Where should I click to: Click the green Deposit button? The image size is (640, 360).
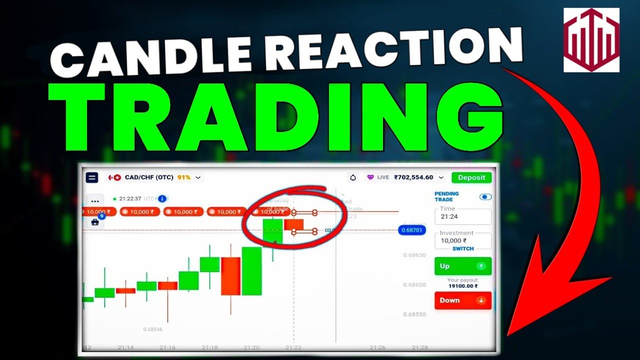(471, 177)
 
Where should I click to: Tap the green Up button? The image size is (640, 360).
(462, 266)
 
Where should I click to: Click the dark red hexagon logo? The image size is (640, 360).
(591, 40)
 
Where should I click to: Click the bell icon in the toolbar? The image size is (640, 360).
(353, 177)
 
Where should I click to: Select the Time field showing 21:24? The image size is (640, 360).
(462, 216)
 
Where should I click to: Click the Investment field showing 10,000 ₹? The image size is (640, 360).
(462, 240)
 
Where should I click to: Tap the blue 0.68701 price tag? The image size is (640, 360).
(411, 230)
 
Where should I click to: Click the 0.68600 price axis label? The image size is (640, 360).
(414, 285)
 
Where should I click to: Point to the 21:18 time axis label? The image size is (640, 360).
(209, 347)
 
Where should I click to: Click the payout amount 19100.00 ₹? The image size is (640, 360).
(462, 286)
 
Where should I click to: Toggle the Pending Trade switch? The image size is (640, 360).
(485, 197)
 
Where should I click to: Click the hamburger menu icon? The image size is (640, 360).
(92, 177)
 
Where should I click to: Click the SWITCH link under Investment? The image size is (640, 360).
(463, 248)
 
